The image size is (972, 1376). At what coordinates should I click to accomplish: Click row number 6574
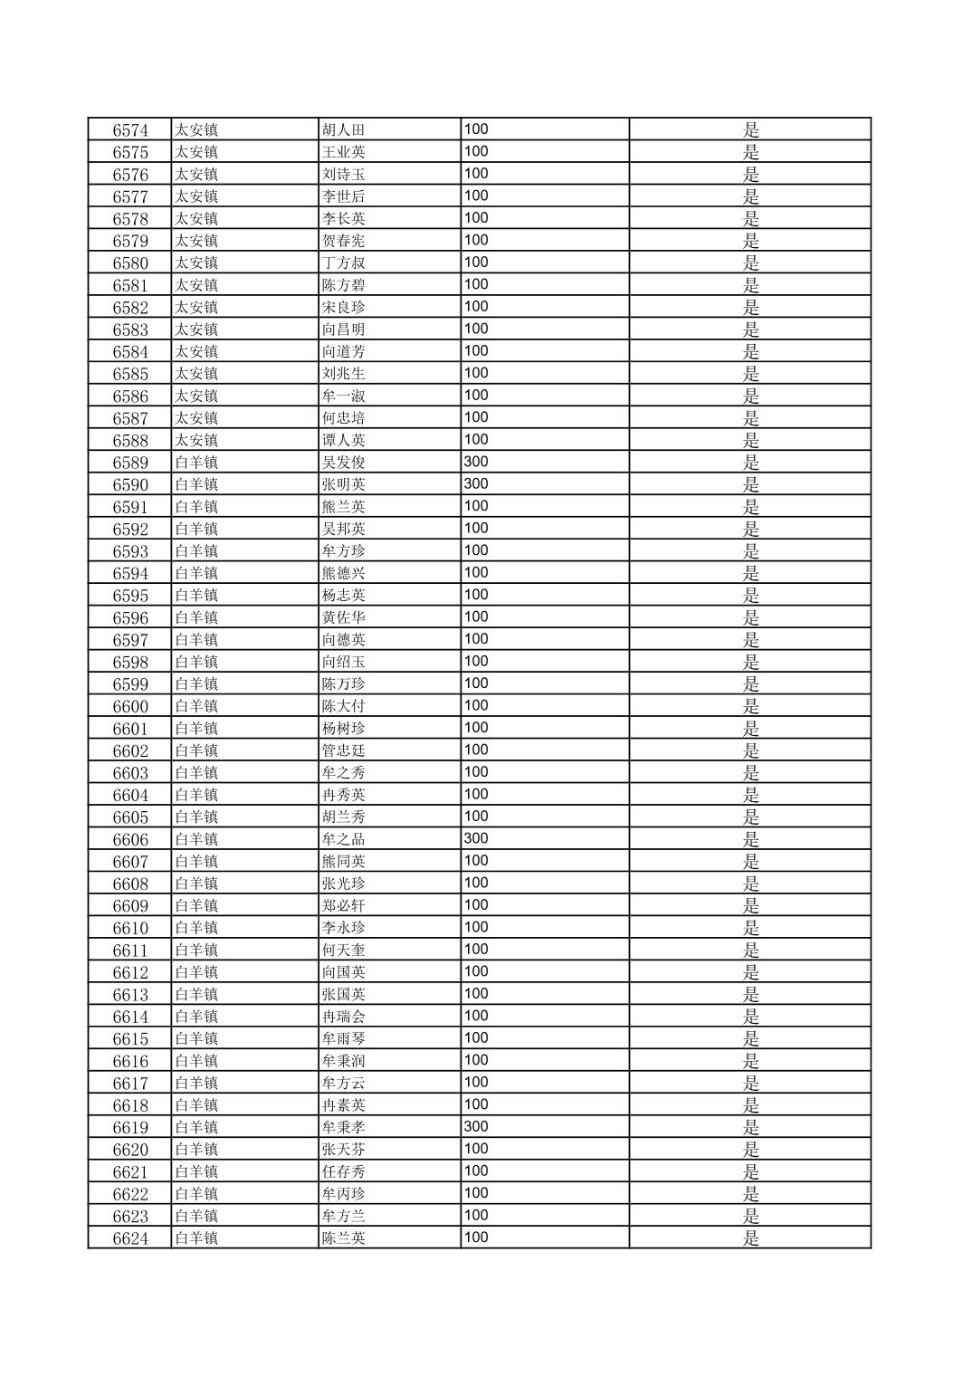tap(130, 130)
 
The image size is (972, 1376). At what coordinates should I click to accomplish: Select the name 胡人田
tap(344, 130)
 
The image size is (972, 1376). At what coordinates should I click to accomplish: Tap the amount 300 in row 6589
tap(476, 462)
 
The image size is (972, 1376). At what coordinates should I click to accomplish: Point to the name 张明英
tap(344, 484)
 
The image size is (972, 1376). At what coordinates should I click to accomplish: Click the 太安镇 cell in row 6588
tap(196, 440)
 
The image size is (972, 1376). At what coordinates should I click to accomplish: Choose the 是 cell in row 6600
tap(750, 706)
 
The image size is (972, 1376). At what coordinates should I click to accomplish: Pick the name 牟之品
tap(344, 839)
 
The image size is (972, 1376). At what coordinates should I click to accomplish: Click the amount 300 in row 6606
tap(476, 838)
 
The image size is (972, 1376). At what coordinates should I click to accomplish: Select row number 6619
tap(130, 1128)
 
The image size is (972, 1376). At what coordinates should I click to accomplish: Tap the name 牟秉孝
tap(344, 1128)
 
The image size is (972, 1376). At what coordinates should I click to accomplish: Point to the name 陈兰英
tap(344, 1238)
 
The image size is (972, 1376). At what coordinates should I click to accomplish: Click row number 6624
tap(130, 1238)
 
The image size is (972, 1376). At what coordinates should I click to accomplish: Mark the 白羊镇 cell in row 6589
tap(196, 463)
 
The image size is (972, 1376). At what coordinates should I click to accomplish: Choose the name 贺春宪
tap(344, 241)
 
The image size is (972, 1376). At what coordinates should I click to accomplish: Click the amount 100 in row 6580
tap(476, 263)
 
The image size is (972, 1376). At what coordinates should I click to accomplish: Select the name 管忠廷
tap(344, 750)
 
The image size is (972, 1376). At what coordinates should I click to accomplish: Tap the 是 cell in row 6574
tap(750, 130)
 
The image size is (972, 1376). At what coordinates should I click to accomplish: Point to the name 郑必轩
tap(344, 906)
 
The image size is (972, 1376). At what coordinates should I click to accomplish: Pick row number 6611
tap(130, 951)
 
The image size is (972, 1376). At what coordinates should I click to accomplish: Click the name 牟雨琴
tap(344, 1039)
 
